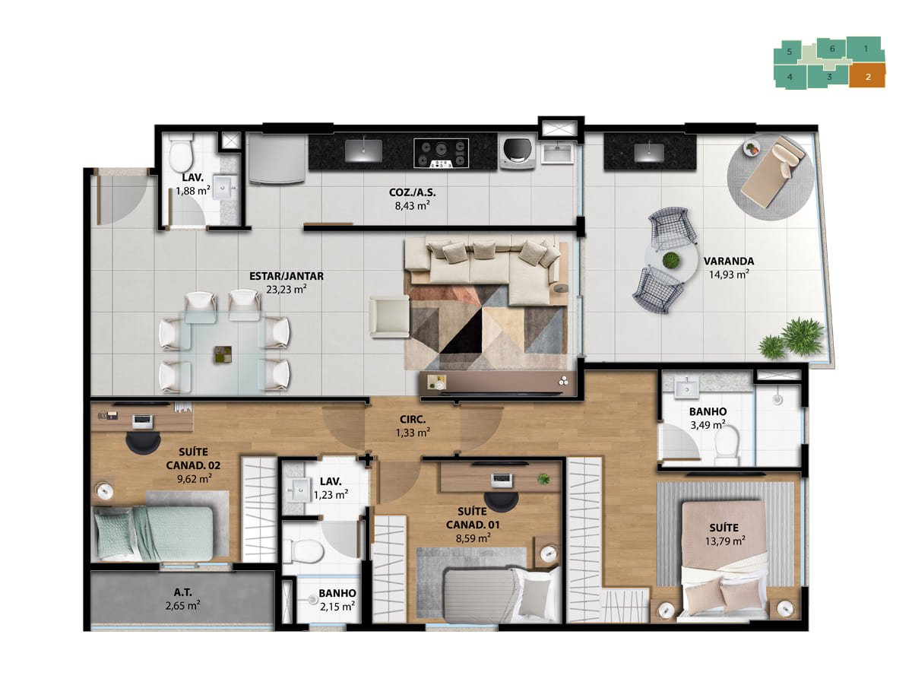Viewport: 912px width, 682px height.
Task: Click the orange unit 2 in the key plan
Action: pos(866,77)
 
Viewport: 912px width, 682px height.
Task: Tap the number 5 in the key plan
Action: pos(789,52)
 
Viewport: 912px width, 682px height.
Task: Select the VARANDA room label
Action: pos(728,261)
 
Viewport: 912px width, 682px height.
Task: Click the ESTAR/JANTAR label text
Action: pos(287,276)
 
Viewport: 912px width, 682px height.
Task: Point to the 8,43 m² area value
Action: pos(412,205)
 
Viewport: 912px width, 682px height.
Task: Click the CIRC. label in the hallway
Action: pos(413,420)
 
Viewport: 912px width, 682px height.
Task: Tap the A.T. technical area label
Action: pos(183,592)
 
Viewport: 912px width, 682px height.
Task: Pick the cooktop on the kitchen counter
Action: pos(441,154)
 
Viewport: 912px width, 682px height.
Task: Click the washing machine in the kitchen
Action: pos(517,154)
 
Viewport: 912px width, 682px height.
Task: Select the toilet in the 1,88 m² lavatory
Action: pos(181,153)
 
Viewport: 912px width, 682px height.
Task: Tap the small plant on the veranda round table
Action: pos(670,261)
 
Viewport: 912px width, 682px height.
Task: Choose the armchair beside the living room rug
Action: pos(389,316)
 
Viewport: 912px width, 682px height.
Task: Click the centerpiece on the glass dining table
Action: pos(223,354)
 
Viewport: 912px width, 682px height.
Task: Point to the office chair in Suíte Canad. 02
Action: pos(143,443)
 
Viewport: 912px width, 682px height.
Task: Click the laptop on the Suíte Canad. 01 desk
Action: pos(502,481)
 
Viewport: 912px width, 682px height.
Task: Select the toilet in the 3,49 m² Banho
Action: pos(726,445)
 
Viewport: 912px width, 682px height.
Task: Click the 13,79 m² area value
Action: pos(724,541)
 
